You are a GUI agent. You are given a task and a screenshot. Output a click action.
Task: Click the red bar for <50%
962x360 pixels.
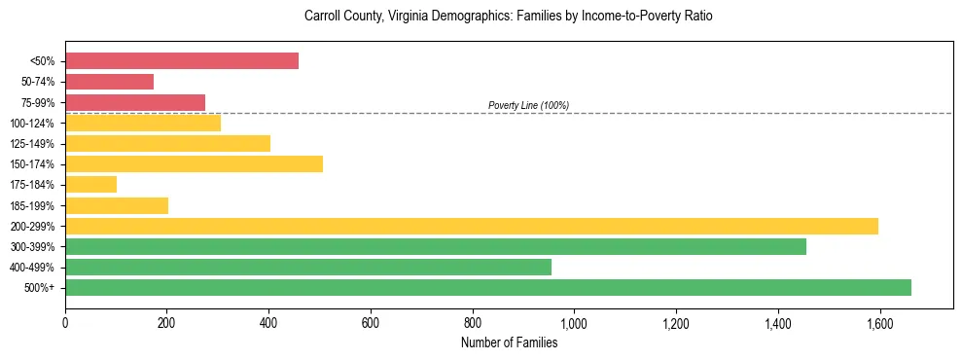pos(182,60)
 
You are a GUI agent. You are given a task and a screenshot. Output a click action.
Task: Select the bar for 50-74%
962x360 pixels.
pos(110,82)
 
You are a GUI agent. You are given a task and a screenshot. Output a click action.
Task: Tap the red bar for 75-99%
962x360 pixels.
pos(135,102)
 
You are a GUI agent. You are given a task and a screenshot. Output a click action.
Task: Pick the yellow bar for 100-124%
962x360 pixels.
pos(143,123)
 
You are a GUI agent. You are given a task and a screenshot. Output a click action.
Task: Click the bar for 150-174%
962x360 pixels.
pos(194,163)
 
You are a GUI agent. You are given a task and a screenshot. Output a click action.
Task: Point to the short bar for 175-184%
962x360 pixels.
pos(91,184)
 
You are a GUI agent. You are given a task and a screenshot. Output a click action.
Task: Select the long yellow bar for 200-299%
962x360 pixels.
pos(472,226)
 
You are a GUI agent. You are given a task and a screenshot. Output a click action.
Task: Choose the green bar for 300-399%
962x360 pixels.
pos(436,246)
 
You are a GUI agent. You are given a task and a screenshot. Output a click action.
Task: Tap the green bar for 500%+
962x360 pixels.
pos(488,287)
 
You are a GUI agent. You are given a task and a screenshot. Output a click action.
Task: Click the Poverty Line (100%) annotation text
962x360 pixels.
pos(528,105)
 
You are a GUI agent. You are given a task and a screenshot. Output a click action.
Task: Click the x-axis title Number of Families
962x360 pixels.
pos(509,342)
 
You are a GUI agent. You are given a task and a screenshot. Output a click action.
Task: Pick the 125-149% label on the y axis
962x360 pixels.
pos(33,144)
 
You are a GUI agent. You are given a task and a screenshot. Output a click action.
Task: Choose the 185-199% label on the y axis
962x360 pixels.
pos(33,205)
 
